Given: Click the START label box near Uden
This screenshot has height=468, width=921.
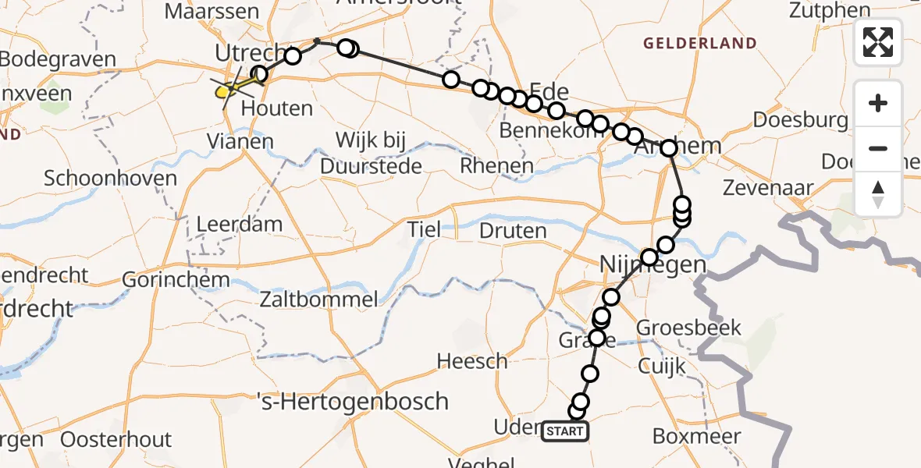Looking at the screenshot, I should (565, 431).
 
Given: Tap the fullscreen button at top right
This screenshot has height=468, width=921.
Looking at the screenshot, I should (878, 42).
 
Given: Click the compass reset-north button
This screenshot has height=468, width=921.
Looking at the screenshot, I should (878, 194).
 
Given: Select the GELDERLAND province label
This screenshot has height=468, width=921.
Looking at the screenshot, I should (699, 44).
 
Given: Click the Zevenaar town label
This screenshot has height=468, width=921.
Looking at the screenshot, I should (768, 188).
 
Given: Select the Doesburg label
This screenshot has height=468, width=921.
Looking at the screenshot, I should (800, 121).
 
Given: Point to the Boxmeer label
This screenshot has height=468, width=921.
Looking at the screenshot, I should (696, 436).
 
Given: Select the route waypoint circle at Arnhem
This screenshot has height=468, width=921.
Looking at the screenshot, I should (669, 148).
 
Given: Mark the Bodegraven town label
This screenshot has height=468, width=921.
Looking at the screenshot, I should (59, 60).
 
